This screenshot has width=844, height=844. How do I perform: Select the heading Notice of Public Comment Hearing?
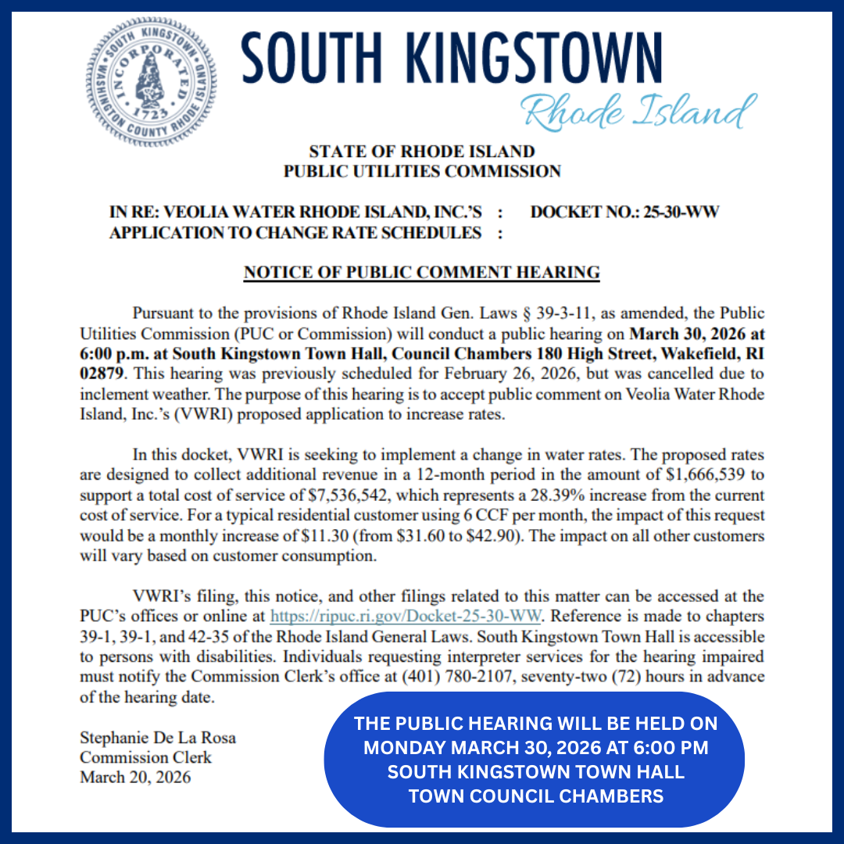[x=421, y=273]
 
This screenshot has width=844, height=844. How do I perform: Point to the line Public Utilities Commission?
[x=421, y=171]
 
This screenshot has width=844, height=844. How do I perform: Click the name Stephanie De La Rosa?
[x=158, y=738]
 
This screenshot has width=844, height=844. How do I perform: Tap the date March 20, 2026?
[x=135, y=778]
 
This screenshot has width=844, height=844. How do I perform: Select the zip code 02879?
[x=102, y=374]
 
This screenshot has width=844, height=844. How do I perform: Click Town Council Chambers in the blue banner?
[x=535, y=797]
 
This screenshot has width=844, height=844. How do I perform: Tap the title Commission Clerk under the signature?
[x=145, y=757]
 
